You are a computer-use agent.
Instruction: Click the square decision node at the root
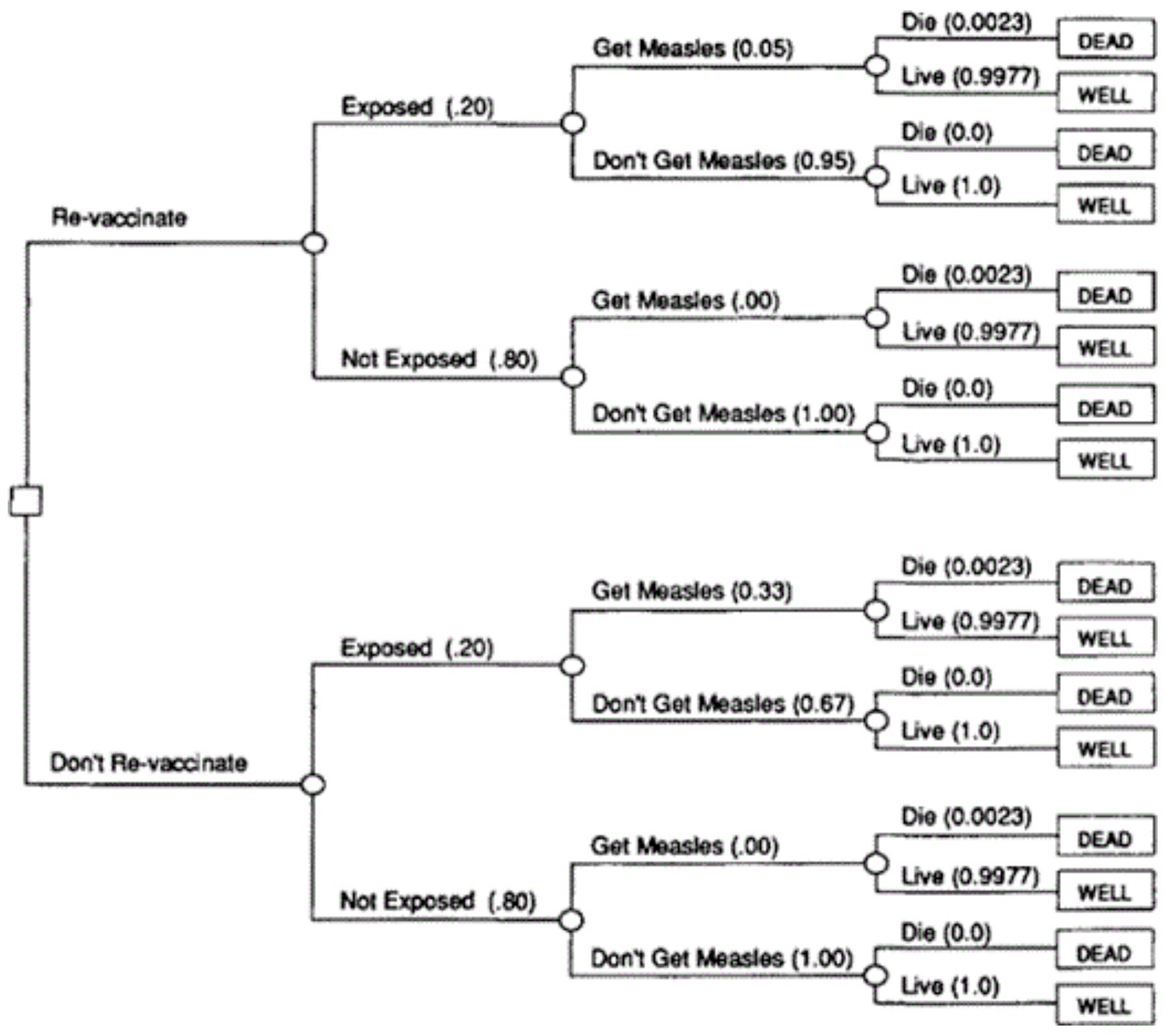point(26,501)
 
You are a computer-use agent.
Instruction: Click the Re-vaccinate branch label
point(119,217)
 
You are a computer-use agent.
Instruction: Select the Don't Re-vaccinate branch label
point(149,762)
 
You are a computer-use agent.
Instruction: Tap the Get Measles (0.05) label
point(693,48)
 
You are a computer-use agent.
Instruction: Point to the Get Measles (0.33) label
point(691,590)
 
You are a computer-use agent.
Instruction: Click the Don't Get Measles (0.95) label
point(724,160)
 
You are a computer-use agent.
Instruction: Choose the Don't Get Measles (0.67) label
point(723,703)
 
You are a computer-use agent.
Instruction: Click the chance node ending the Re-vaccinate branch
point(315,243)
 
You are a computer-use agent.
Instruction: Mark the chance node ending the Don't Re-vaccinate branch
point(313,785)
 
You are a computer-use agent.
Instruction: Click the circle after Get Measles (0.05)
point(877,66)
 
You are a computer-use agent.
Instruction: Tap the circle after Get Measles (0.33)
point(876,610)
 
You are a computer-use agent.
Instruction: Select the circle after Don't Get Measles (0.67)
point(876,721)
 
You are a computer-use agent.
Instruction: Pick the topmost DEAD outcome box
point(1105,40)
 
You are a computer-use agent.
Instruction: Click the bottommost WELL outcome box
point(1104,1005)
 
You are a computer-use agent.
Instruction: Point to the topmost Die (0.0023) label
point(966,23)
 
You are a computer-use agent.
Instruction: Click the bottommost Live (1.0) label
point(950,986)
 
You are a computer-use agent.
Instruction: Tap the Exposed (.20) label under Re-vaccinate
point(418,106)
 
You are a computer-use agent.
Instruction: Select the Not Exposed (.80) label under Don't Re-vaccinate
point(438,900)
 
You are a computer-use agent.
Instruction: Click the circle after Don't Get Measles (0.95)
point(877,177)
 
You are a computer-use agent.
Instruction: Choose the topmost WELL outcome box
point(1105,94)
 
